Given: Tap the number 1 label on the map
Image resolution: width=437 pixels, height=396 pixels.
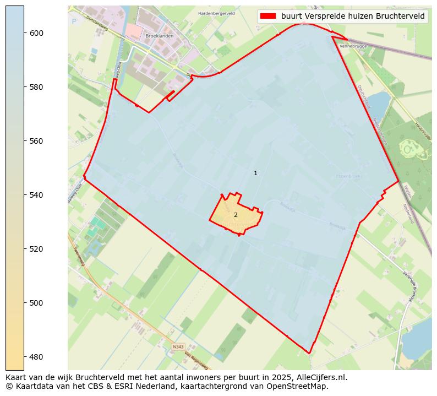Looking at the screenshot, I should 255,173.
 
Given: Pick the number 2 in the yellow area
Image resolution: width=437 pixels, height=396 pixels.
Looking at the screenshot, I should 236,215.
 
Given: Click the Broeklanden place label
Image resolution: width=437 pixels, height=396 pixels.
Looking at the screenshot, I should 159,36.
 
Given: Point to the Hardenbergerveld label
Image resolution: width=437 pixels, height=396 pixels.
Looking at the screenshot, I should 216,13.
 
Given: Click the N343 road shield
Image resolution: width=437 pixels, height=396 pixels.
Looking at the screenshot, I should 178,346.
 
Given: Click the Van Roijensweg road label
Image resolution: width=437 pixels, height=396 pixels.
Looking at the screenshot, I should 196,361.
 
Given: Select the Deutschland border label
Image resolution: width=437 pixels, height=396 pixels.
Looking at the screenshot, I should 364,96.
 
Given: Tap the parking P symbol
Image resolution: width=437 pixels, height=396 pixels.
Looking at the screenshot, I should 74,21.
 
